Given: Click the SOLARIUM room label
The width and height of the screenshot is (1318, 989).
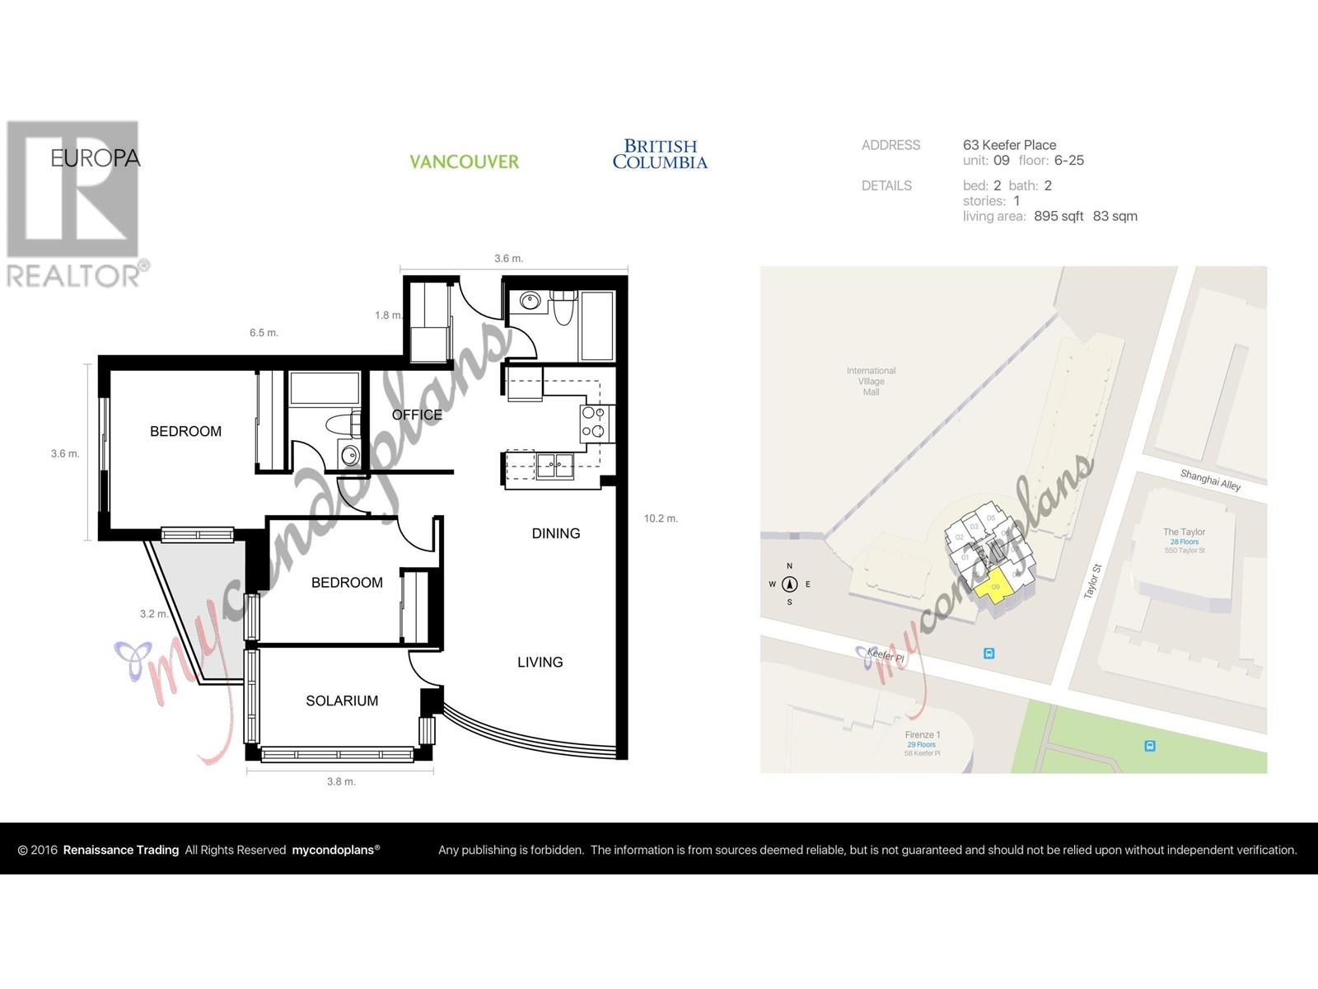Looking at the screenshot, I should click(x=342, y=701).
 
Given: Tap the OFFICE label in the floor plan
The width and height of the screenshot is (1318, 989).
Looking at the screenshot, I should click(x=417, y=415).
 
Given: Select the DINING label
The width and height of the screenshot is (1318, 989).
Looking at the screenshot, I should click(x=555, y=533).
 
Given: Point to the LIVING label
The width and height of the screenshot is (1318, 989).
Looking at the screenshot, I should click(x=540, y=662).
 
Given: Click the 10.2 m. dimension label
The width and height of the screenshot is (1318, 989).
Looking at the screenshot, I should click(x=661, y=518).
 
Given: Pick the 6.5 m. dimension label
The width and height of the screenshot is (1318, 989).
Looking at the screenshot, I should click(x=264, y=333).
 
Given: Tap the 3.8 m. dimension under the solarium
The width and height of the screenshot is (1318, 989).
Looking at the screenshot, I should click(x=340, y=781).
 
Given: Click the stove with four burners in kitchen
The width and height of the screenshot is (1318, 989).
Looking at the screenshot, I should click(x=593, y=423).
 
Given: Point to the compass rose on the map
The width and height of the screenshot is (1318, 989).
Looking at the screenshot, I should click(x=789, y=584).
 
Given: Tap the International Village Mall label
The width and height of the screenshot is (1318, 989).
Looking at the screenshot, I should click(x=871, y=381).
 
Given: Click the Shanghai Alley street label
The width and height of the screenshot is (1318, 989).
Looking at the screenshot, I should click(x=1210, y=480).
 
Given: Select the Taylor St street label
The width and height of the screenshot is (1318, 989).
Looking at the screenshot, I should click(x=1092, y=581).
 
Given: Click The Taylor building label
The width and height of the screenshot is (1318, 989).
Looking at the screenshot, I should click(x=1184, y=532).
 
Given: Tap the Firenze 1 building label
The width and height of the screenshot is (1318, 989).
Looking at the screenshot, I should click(x=922, y=734).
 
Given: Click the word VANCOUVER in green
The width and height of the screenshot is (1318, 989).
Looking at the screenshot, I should click(x=464, y=162).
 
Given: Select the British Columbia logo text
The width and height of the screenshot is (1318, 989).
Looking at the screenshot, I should click(x=659, y=154).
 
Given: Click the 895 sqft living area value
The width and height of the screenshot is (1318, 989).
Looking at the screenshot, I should click(x=1059, y=216).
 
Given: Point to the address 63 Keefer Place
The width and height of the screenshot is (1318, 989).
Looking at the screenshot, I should click(x=1009, y=145).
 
